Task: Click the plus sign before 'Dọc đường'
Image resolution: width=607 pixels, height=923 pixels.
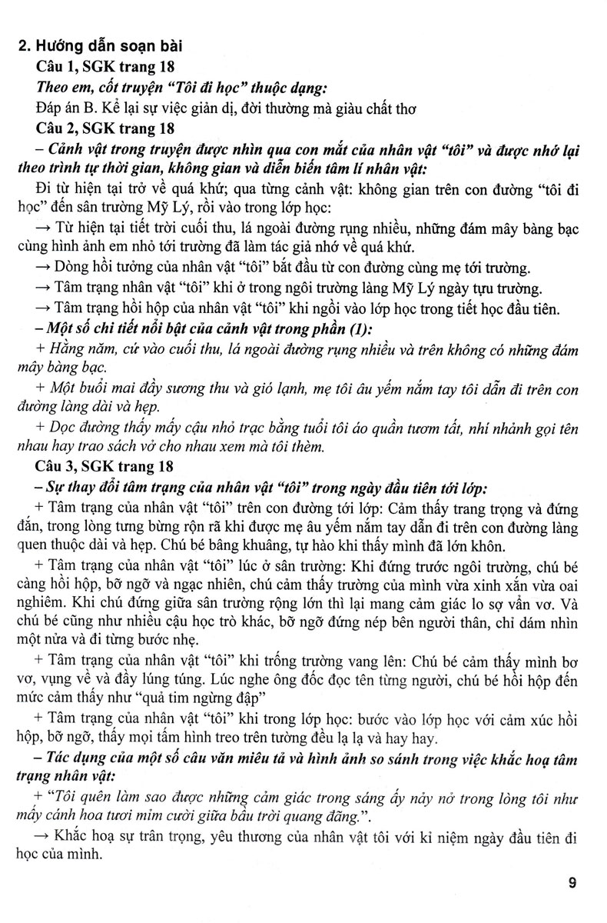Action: click(x=41, y=428)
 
